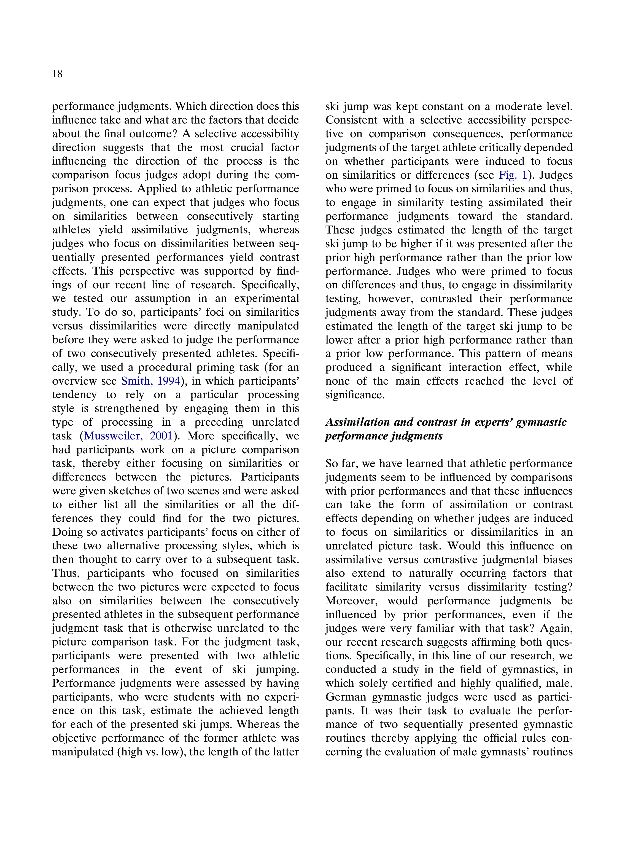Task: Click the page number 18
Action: pos(58,74)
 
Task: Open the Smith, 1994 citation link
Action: pos(150,381)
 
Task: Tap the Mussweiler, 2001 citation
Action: pos(128,436)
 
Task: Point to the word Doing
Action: pos(67,532)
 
